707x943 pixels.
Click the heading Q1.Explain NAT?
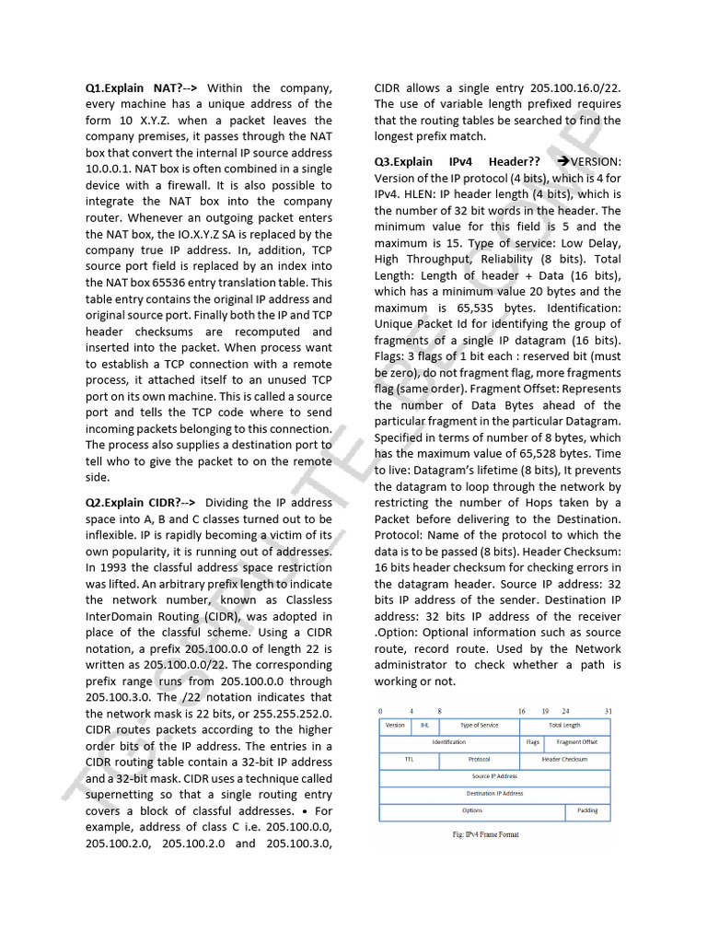(x=133, y=88)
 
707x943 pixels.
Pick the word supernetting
(x=123, y=795)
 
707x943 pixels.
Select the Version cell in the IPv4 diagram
(x=394, y=726)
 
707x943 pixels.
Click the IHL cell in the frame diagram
(x=424, y=726)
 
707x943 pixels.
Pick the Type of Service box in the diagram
(x=479, y=726)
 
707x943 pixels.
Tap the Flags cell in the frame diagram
(x=532, y=742)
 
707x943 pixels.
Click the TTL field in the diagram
(x=409, y=760)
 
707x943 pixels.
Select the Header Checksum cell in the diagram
(x=564, y=760)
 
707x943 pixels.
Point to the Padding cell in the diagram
(x=587, y=811)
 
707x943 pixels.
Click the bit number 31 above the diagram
(x=608, y=712)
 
